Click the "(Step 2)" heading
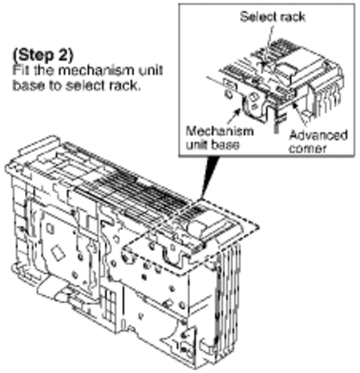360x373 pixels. pos(42,55)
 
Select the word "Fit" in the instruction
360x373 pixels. pos(21,70)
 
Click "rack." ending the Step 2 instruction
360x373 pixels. pos(126,86)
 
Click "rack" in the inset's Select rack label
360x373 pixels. pos(292,16)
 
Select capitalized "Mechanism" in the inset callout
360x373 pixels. pos(220,132)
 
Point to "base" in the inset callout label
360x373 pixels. pos(225,145)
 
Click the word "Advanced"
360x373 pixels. pos(318,135)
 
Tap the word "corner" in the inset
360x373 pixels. pos(308,149)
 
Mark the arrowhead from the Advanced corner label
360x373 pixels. pos(295,105)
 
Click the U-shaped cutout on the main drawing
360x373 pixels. pos(173,259)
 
